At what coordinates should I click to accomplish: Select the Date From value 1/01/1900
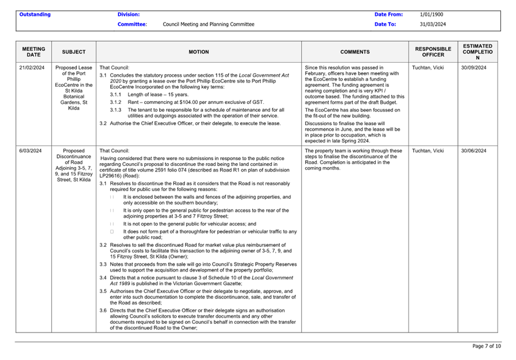(432, 14)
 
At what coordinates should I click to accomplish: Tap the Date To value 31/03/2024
(433, 24)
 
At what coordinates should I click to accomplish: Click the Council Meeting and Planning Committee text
(209, 24)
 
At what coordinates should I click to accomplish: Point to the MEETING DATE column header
(34, 52)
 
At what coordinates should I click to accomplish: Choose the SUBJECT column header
(74, 52)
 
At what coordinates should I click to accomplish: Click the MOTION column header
(199, 52)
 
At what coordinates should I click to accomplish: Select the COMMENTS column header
(355, 52)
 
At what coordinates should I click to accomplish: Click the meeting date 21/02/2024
(32, 67)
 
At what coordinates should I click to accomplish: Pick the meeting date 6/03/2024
(30, 151)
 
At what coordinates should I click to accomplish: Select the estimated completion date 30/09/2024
(473, 67)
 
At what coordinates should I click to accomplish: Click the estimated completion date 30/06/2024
(473, 151)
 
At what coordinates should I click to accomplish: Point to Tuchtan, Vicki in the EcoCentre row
(428, 67)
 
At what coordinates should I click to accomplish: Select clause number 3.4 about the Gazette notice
(103, 278)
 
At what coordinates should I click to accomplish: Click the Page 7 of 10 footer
(486, 346)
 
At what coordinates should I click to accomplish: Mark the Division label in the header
(129, 14)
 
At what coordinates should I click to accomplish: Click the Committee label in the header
(132, 24)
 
